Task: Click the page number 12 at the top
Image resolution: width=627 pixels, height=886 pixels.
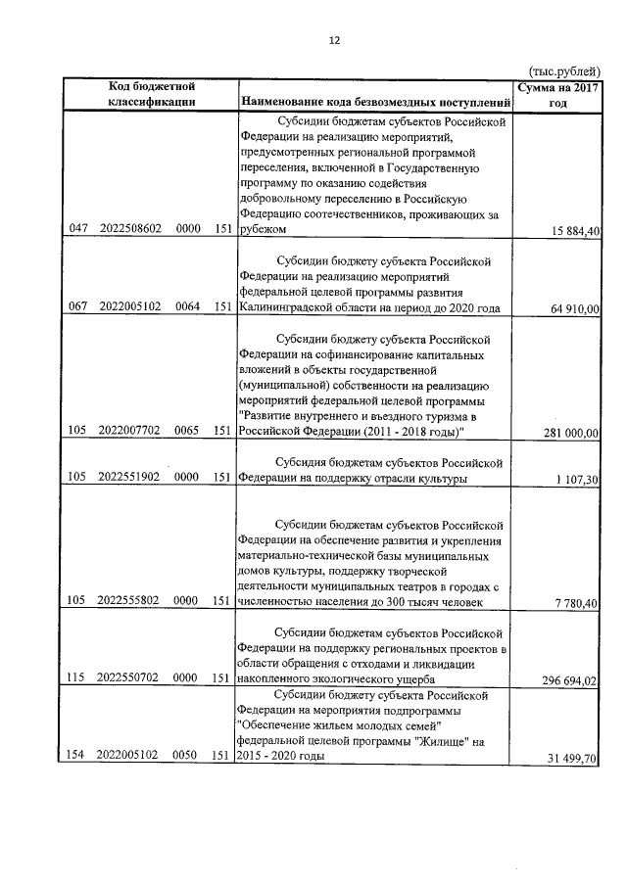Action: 333,40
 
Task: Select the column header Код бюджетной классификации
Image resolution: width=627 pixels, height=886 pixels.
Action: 152,94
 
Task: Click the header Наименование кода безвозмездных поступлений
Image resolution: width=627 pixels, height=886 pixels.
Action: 375,102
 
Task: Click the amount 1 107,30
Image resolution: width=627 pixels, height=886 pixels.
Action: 579,478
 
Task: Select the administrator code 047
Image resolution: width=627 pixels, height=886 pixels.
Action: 79,228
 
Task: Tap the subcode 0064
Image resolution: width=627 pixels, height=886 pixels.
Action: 188,306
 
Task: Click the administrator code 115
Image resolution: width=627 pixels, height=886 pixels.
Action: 79,677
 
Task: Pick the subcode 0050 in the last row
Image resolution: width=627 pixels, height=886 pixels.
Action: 188,756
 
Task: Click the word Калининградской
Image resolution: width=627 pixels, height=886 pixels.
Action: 284,307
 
